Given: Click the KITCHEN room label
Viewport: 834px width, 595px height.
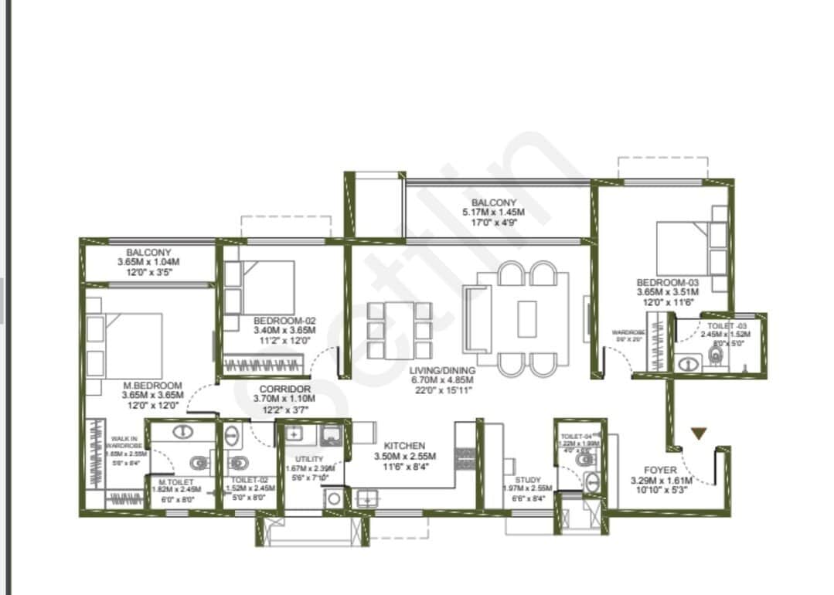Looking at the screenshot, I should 404,446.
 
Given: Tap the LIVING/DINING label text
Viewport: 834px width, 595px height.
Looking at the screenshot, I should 443,370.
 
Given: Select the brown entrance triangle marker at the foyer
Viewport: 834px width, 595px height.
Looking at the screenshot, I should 698,434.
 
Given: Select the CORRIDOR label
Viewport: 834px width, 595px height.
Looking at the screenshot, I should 285,389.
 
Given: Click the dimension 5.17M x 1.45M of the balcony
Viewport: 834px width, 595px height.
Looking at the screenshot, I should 493,212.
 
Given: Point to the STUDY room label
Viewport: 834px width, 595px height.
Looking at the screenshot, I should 528,479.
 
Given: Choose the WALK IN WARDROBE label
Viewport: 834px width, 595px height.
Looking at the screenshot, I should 124,442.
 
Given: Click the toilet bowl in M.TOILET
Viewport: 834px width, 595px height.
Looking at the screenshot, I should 200,463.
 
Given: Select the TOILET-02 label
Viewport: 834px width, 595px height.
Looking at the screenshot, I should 249,479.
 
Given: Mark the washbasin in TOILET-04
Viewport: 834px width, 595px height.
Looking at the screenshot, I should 592,479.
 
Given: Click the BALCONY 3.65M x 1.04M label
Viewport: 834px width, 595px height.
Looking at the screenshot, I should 149,253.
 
